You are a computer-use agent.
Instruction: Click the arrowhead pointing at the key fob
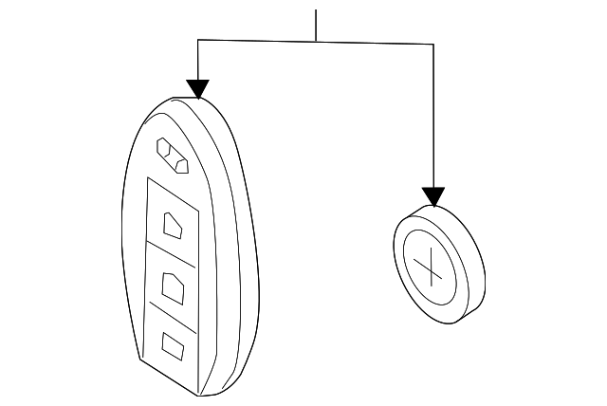[197, 89]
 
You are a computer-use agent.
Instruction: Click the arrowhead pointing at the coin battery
[433, 197]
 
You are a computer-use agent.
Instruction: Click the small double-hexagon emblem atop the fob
[173, 156]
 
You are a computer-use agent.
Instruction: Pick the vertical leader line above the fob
[197, 61]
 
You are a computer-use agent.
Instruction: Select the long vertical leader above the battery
[433, 114]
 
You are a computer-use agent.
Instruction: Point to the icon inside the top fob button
[174, 226]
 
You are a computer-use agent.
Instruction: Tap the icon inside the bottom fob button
[173, 345]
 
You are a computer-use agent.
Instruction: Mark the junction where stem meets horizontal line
[316, 42]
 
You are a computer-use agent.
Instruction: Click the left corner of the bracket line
[197, 40]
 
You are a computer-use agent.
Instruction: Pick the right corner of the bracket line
[433, 45]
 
